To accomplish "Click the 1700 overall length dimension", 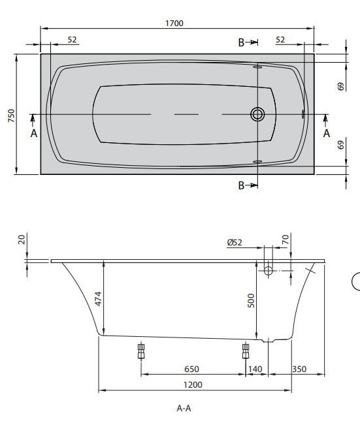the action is [x=174, y=23].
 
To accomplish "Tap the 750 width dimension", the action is [x=11, y=116].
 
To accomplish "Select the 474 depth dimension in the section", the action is [x=98, y=298].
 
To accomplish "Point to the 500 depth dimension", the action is [x=251, y=300].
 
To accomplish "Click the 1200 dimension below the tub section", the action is [x=193, y=384].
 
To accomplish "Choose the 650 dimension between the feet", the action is [x=191, y=369].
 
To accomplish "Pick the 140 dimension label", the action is [x=255, y=369].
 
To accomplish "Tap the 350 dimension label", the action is [x=299, y=369].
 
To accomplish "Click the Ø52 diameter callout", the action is [x=235, y=243].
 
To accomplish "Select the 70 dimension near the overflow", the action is [x=286, y=240].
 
